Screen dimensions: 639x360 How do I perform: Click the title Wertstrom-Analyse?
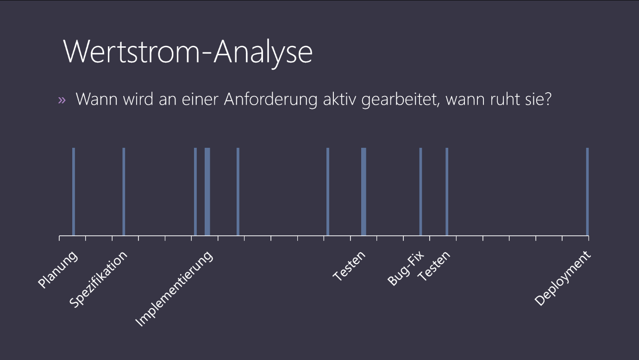click(188, 52)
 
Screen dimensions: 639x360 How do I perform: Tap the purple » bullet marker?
click(62, 100)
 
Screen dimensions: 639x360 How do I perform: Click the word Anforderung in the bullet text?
click(270, 99)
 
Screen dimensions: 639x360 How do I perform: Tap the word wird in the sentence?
click(138, 99)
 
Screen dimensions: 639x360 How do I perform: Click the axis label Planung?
click(57, 269)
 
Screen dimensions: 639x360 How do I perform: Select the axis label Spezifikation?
click(98, 279)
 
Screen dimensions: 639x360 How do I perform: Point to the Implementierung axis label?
click(174, 289)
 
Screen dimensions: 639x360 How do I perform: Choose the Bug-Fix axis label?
click(406, 268)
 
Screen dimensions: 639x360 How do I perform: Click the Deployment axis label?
click(563, 278)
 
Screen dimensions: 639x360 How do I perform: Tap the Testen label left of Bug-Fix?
click(349, 266)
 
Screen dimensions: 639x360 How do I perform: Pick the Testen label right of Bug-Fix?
click(434, 266)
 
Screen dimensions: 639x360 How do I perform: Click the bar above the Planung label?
click(74, 191)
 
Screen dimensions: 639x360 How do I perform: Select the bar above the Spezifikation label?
click(124, 191)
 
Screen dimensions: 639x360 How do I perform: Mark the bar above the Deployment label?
click(587, 191)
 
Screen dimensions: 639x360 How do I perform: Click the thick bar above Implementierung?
click(207, 191)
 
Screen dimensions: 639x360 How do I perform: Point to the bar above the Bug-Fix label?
click(420, 191)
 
